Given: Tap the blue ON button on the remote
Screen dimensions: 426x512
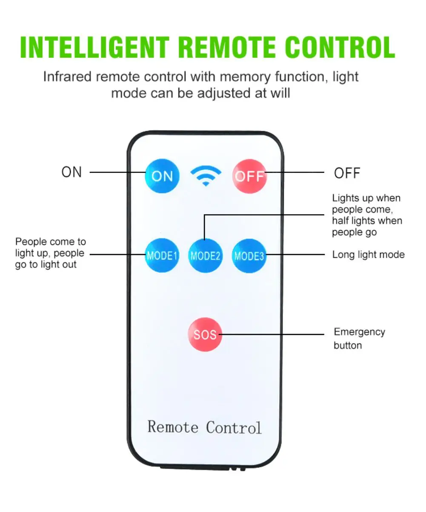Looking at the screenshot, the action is point(162,176).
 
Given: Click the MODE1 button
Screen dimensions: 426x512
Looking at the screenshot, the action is point(162,255).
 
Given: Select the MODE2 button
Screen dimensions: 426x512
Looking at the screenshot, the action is point(206,255).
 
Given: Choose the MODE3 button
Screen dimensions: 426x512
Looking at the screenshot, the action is point(249,256).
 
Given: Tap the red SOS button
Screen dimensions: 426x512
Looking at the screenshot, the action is point(205,334).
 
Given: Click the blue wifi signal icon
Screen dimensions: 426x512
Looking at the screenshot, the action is point(206,176).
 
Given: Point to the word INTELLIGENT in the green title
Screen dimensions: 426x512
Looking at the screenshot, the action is point(95,47).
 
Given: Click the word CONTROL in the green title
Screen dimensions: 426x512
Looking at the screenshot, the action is point(340,47).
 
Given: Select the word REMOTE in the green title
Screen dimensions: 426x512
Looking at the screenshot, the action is point(227,47).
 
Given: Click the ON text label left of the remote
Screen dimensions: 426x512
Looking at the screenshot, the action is point(71,172).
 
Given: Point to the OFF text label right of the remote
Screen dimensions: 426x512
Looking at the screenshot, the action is point(347,173).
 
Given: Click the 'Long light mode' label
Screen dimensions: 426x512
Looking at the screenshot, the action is point(368,255).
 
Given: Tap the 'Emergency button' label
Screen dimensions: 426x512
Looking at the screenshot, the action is point(360,338).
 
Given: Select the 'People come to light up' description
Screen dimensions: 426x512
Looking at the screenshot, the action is point(51,253).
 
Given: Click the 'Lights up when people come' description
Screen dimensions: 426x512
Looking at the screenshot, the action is point(367,215).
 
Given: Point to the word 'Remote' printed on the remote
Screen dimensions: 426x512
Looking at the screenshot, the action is point(173,427).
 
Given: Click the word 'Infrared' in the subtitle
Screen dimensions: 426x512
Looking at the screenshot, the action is point(67,76).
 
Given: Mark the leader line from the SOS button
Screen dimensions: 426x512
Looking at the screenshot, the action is point(272,334).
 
